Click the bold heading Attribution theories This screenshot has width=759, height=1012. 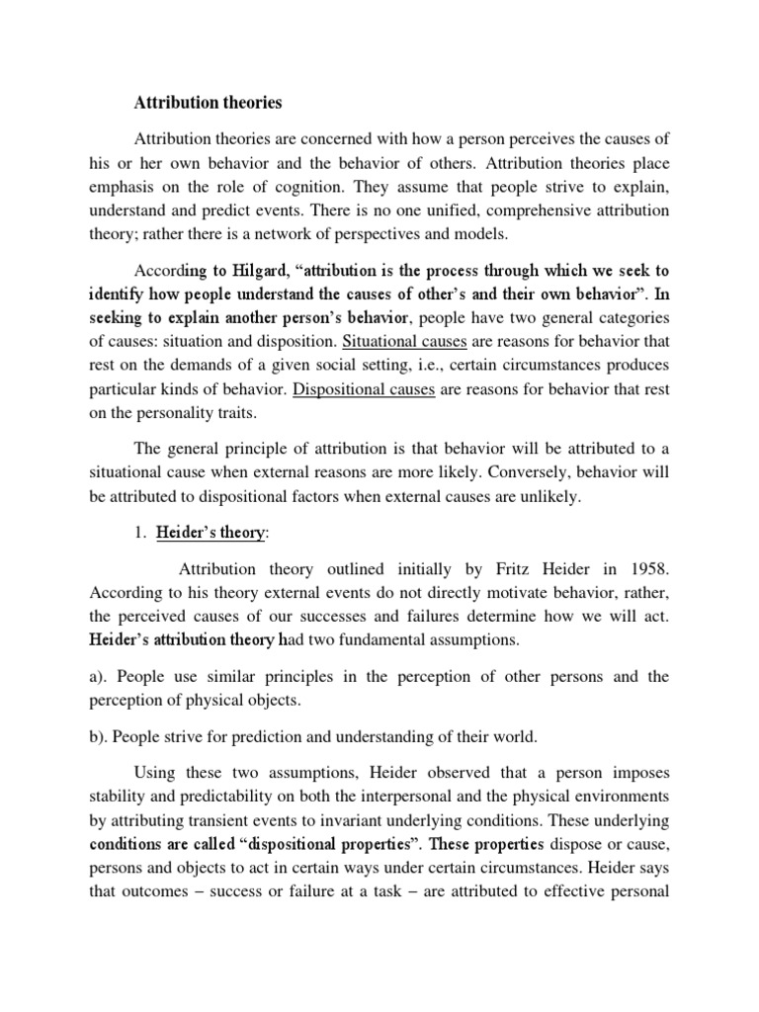(209, 102)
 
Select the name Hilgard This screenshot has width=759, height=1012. (233, 270)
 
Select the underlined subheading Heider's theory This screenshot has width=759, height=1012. (211, 532)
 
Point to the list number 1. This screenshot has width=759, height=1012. (138, 532)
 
